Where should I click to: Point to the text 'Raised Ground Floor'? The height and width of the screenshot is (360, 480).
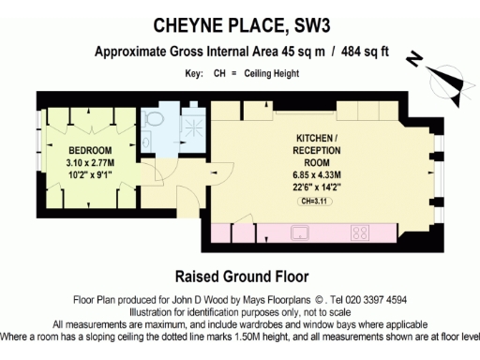(239, 277)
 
